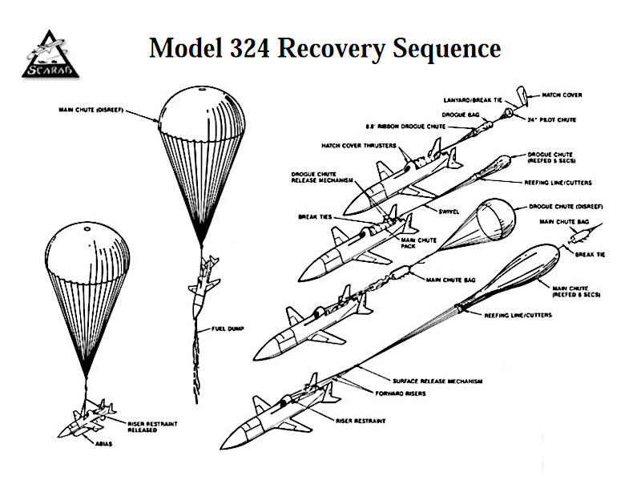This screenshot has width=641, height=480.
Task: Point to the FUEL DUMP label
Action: (x=229, y=328)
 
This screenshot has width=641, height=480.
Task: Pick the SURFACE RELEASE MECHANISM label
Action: (x=437, y=381)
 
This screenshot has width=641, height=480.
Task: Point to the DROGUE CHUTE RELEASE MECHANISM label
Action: (x=319, y=177)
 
